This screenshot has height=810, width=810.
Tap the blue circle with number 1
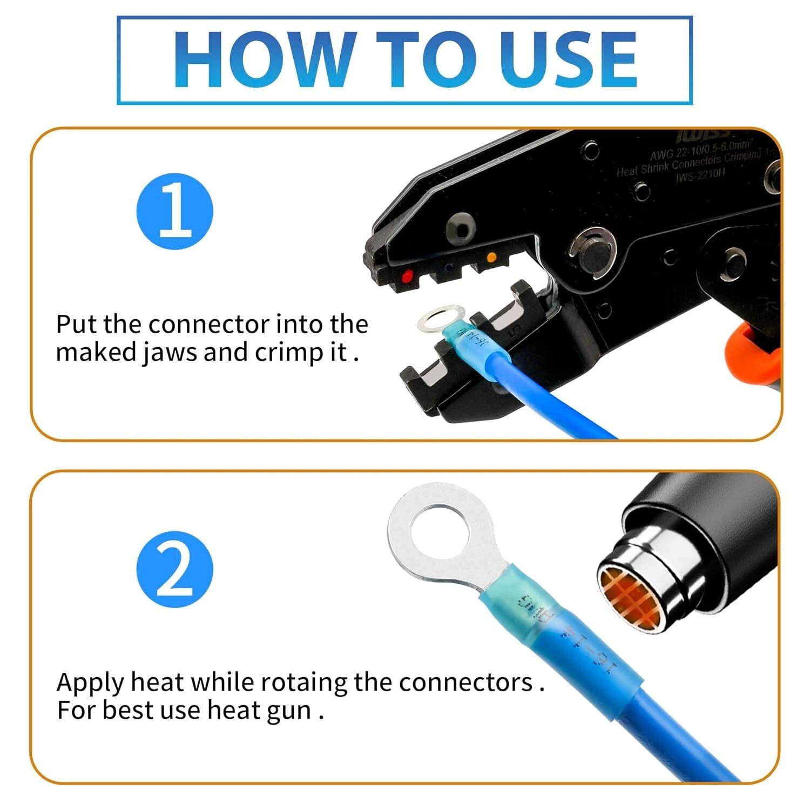pyautogui.click(x=174, y=211)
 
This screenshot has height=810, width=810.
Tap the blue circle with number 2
pyautogui.click(x=174, y=570)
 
